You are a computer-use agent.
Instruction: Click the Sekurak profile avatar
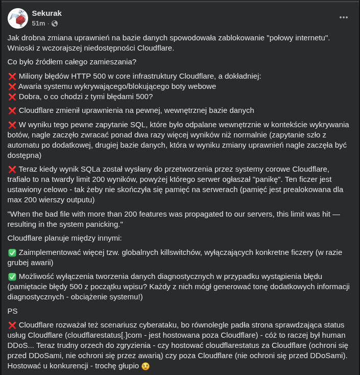pos(18,18)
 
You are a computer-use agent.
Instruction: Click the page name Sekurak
pos(47,13)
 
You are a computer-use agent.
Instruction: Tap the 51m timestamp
pos(38,24)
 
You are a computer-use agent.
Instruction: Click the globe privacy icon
pos(55,24)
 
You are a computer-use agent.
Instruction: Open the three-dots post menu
pos(344,17)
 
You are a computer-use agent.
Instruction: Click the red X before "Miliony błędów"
pos(12,77)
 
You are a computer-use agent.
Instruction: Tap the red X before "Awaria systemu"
pos(12,86)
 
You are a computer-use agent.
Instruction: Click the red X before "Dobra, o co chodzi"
pos(12,97)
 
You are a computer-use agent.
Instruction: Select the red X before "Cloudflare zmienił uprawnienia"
pos(12,110)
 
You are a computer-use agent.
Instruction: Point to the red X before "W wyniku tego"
pos(12,125)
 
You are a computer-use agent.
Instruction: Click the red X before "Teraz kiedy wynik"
pos(12,169)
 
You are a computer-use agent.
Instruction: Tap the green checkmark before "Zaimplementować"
pos(12,253)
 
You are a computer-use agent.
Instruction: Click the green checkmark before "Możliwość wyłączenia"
pos(12,277)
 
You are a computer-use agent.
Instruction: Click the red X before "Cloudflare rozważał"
pos(12,325)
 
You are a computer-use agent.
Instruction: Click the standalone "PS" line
pos(13,311)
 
